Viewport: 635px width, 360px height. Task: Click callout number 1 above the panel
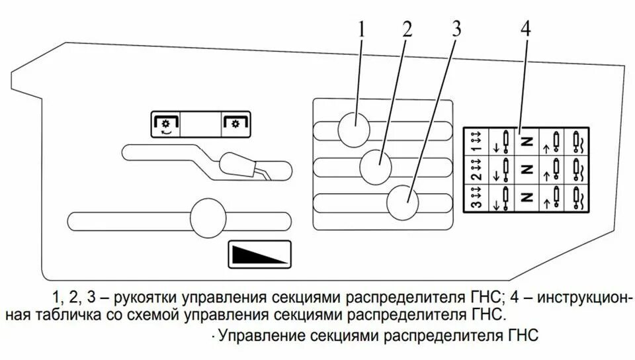click(x=362, y=29)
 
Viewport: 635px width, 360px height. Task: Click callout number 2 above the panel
click(x=406, y=29)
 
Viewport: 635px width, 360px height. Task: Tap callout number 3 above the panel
click(x=456, y=29)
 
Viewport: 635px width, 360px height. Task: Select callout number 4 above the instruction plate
click(x=525, y=29)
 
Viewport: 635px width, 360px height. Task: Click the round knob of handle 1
click(x=355, y=128)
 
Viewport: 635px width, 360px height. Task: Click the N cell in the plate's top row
click(x=527, y=141)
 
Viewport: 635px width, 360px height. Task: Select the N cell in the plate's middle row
click(x=527, y=169)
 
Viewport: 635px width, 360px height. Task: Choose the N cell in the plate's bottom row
click(x=527, y=197)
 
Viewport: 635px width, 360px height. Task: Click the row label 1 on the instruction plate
click(x=474, y=141)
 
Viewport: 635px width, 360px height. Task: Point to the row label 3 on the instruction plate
click(x=474, y=197)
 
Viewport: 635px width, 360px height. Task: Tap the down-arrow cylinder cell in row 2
click(x=500, y=169)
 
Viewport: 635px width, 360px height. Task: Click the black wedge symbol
click(x=260, y=255)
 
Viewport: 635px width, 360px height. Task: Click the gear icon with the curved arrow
click(x=166, y=124)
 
